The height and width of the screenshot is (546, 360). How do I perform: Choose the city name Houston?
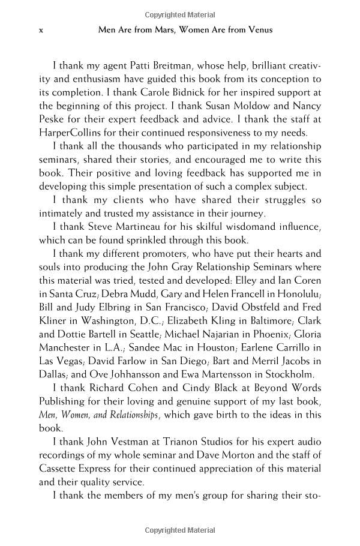coord(206,347)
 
